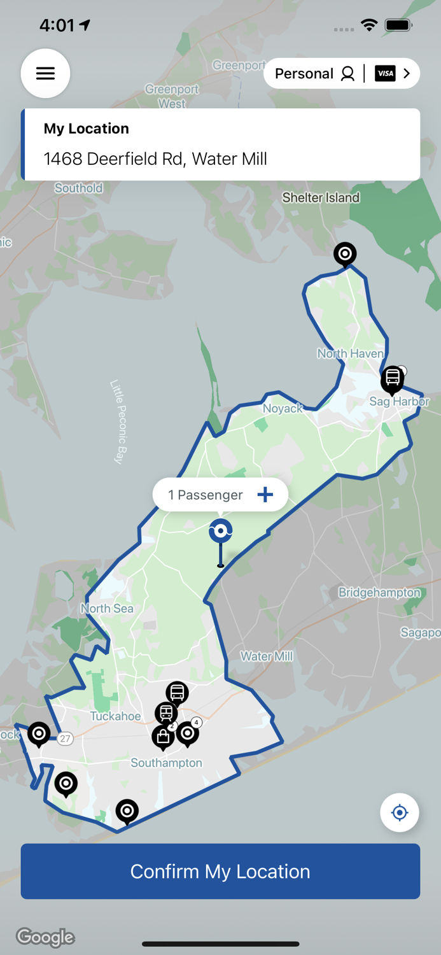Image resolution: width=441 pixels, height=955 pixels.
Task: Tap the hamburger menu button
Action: tap(45, 73)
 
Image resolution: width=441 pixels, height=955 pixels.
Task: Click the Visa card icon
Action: tap(385, 74)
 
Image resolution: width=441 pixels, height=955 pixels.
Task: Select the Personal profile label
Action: tap(304, 74)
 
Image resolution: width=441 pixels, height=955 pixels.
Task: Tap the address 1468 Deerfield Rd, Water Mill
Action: tap(155, 159)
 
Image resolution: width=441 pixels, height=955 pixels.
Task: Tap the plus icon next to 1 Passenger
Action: tap(265, 495)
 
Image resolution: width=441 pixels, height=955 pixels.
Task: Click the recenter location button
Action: tap(400, 812)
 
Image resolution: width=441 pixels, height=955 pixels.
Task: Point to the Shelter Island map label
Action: tap(321, 197)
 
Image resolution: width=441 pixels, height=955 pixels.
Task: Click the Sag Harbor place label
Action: tap(400, 402)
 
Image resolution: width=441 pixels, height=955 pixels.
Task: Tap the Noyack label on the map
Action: tap(283, 409)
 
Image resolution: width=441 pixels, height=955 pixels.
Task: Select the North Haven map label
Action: tap(351, 353)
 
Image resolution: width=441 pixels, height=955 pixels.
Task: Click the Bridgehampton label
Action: tap(379, 593)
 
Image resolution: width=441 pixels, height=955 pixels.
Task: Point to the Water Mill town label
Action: tap(267, 656)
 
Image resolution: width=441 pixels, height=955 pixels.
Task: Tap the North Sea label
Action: tap(107, 609)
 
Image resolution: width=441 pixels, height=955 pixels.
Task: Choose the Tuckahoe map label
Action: tap(115, 716)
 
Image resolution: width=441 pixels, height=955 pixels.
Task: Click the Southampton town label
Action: tap(166, 763)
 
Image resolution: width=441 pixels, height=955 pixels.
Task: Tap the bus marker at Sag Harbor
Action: tap(393, 379)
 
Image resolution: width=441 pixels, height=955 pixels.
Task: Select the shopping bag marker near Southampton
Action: tap(163, 736)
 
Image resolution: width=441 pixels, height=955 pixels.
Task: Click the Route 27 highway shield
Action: tap(65, 739)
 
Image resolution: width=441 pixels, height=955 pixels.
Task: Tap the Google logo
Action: tap(45, 937)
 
